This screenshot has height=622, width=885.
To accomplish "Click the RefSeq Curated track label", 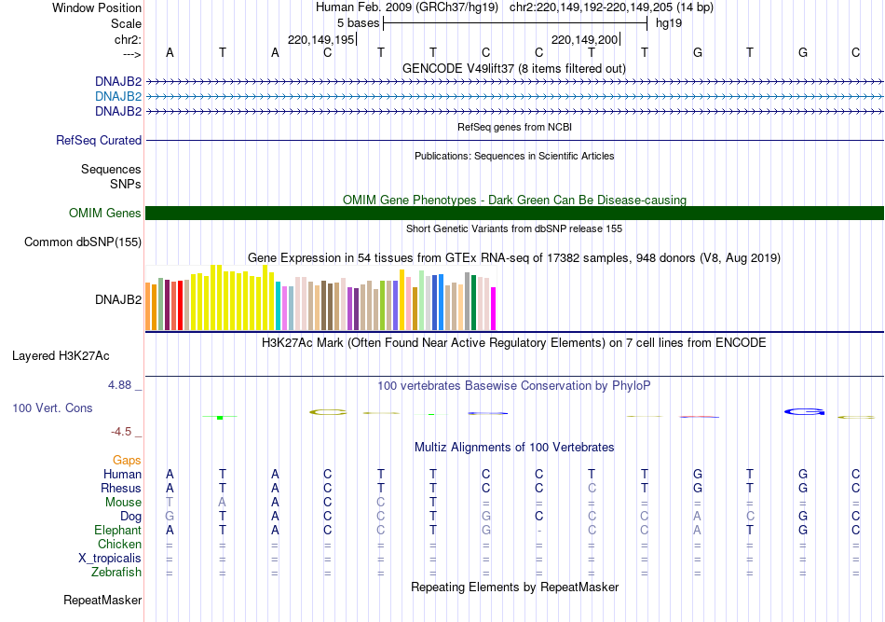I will [x=99, y=141].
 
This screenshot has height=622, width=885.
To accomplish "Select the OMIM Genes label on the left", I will [x=105, y=214].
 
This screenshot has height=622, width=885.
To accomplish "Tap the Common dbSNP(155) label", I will [x=83, y=242].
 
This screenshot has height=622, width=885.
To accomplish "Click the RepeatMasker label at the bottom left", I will [x=102, y=600].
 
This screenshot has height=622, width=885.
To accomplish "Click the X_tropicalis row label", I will [x=110, y=559].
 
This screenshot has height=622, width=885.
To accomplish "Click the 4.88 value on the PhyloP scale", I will [x=125, y=384].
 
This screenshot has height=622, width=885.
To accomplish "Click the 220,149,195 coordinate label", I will [x=321, y=40].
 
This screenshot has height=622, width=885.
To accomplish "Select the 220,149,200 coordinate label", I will [x=585, y=40].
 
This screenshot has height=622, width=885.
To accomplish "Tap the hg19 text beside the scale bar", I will [x=669, y=23].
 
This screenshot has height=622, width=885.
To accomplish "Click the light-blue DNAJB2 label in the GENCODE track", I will [x=118, y=96].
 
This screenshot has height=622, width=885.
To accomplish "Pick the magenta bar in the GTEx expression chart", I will [x=494, y=308].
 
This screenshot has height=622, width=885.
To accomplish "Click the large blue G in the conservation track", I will [x=804, y=411].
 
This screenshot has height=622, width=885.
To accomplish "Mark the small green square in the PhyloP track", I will [x=220, y=417].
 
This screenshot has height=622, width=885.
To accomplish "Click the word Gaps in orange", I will [x=127, y=461].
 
